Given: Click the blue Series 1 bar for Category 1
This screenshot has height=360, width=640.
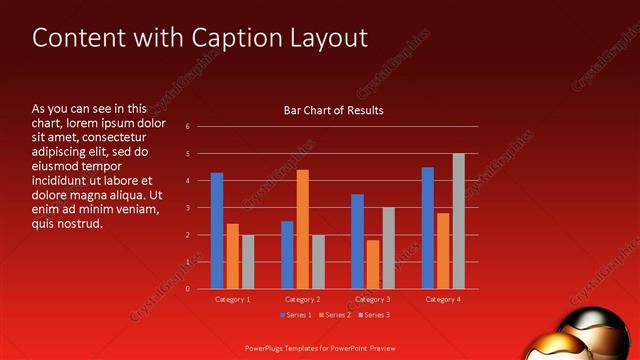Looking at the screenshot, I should point(217,231).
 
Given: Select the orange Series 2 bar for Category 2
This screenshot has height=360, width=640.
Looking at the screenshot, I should point(302,229).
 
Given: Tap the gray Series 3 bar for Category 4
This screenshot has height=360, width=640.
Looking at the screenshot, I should point(458,221).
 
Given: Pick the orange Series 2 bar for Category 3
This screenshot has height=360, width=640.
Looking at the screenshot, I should point(372,264).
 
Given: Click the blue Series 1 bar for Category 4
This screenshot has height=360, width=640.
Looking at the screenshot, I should point(428,228).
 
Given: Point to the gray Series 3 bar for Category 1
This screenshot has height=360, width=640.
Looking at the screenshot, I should point(248,262).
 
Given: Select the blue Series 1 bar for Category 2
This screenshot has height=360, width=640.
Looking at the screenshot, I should point(287,255).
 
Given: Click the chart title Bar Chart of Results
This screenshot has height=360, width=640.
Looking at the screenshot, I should point(334,110).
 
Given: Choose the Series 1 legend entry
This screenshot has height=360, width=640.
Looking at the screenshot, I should point(296,315).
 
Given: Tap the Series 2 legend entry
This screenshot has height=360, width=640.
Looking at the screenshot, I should point(336,315).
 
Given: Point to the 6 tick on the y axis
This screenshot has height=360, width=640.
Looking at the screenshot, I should point(187,127).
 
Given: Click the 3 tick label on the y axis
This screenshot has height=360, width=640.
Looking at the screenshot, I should point(187,208).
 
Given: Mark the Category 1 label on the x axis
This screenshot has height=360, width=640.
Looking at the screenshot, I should point(233,299).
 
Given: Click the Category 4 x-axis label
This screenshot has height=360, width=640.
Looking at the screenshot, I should point(443,299).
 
